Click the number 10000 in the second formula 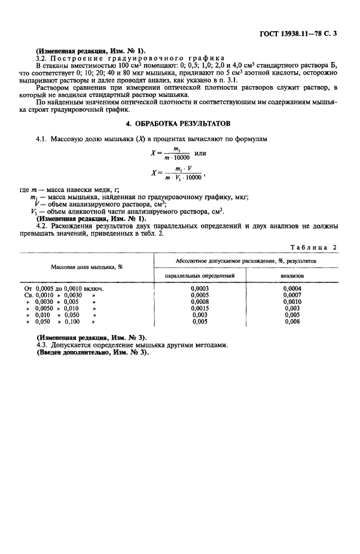click(193, 178)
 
